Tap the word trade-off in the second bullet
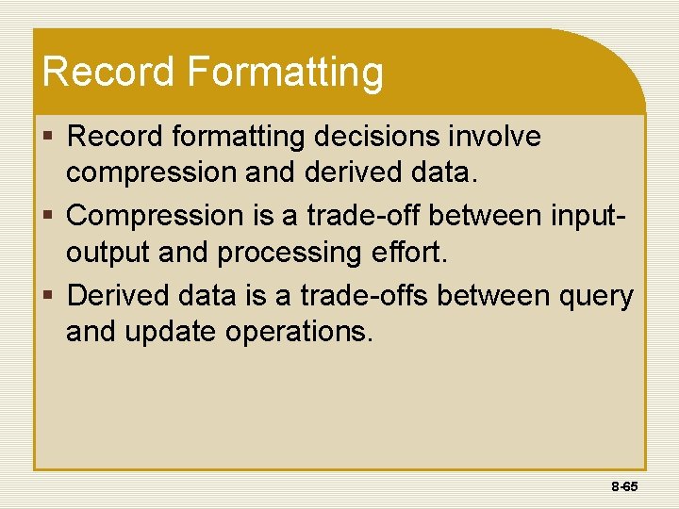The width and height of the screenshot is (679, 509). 361,216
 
